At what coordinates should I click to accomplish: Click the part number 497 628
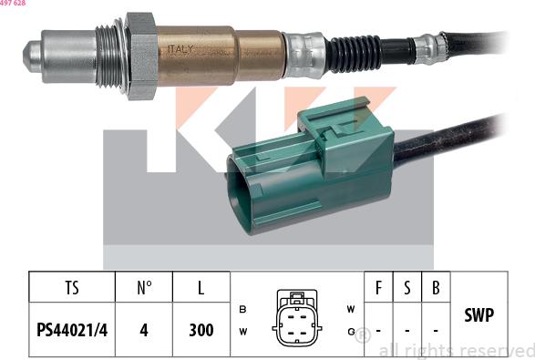point(13,4)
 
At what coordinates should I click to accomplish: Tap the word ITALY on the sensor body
point(178,50)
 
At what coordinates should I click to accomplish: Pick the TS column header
point(72,288)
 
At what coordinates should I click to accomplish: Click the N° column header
point(143,288)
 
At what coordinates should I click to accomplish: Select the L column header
point(200,288)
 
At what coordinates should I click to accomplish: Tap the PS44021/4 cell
point(72,329)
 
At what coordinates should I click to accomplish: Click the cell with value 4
point(143,329)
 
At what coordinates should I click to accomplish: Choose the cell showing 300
point(200,329)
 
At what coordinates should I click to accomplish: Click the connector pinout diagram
point(295,317)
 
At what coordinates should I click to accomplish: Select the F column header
point(378,288)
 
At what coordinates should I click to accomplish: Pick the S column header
point(407,288)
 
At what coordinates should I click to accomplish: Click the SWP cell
point(478,315)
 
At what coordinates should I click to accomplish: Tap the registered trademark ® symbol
point(362,335)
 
